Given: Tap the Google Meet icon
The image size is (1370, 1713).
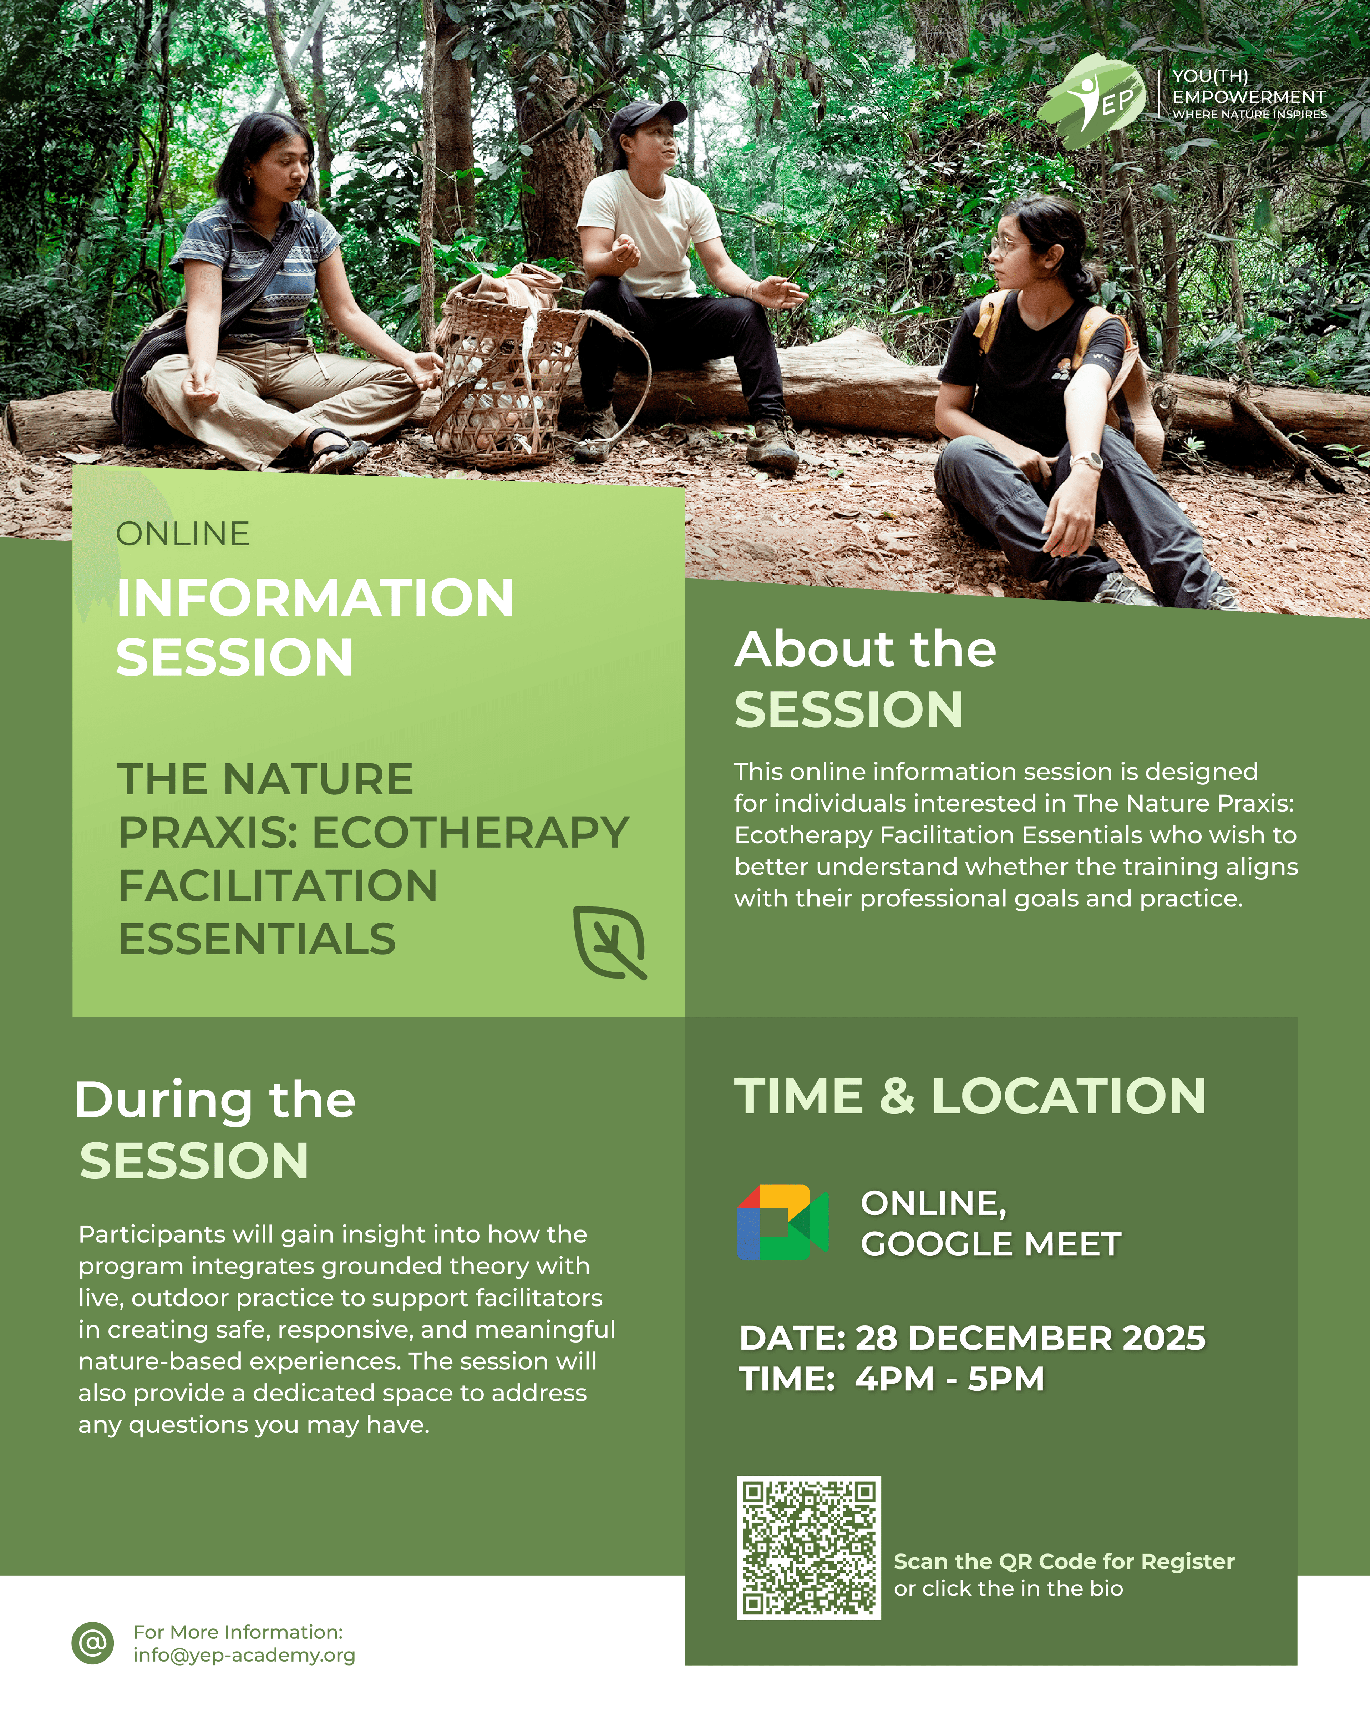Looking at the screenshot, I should coord(782,1223).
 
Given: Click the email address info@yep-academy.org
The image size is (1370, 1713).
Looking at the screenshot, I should coord(244,1655).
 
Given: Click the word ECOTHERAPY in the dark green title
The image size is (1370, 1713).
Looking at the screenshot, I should coord(470,833).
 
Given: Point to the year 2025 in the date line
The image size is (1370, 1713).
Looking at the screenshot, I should coord(1163,1338).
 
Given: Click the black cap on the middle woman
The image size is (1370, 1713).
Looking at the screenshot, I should coord(647,115).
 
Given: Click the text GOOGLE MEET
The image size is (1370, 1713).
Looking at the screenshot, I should coord(990,1244).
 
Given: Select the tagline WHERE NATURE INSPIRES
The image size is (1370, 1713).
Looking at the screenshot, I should coord(1249,115).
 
